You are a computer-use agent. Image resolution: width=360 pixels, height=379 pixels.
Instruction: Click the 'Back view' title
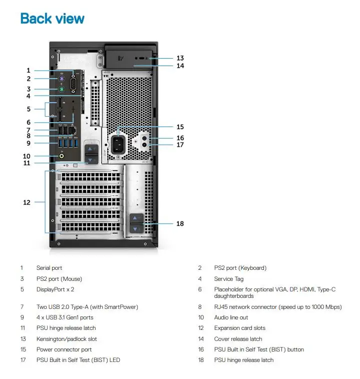[x=52, y=19]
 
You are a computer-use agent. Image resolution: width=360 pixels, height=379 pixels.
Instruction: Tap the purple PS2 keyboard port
[x=62, y=79]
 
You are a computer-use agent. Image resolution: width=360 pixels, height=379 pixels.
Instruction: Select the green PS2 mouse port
[x=62, y=90]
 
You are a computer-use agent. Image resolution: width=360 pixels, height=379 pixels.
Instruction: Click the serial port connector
[x=74, y=84]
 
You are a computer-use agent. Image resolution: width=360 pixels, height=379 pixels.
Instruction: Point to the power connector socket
[x=118, y=145]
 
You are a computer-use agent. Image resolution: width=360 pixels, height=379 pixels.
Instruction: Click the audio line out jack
[x=62, y=156]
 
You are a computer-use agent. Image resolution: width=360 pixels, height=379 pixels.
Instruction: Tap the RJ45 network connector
[x=72, y=131]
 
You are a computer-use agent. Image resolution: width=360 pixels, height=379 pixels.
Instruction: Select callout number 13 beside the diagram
[x=180, y=58]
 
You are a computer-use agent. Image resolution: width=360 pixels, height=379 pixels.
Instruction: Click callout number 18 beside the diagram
[x=180, y=224]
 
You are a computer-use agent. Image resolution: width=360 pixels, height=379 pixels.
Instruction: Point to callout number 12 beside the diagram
[x=27, y=202]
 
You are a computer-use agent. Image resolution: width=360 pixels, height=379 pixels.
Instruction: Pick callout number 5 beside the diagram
[x=29, y=109]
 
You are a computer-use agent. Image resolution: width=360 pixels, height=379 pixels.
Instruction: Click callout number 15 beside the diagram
[x=180, y=127]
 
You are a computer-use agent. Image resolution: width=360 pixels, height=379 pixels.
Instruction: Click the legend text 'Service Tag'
[x=229, y=279]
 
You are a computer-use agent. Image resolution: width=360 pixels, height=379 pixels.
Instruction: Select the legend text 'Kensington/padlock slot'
[x=67, y=339]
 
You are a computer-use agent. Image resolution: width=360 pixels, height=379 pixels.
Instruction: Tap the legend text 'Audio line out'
[x=231, y=317]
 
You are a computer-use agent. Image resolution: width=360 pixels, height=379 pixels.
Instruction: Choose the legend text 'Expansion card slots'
[x=240, y=328]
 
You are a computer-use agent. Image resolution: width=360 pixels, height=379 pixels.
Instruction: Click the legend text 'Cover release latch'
[x=238, y=339]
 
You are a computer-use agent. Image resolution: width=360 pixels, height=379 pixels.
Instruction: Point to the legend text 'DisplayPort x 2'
[x=56, y=289]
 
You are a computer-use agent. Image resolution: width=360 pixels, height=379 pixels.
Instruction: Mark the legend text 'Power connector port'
[x=64, y=349]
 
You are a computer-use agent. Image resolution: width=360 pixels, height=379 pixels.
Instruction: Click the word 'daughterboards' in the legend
[x=234, y=296]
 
